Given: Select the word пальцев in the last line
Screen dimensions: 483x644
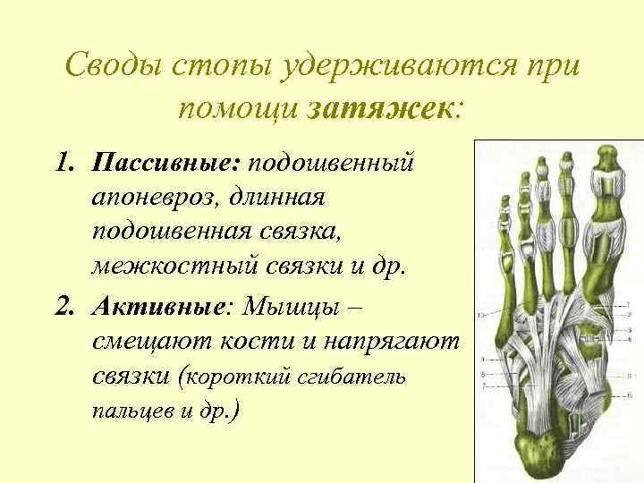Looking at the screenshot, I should click(x=126, y=412).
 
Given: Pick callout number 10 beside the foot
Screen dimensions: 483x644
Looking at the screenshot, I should click(x=482, y=315).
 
